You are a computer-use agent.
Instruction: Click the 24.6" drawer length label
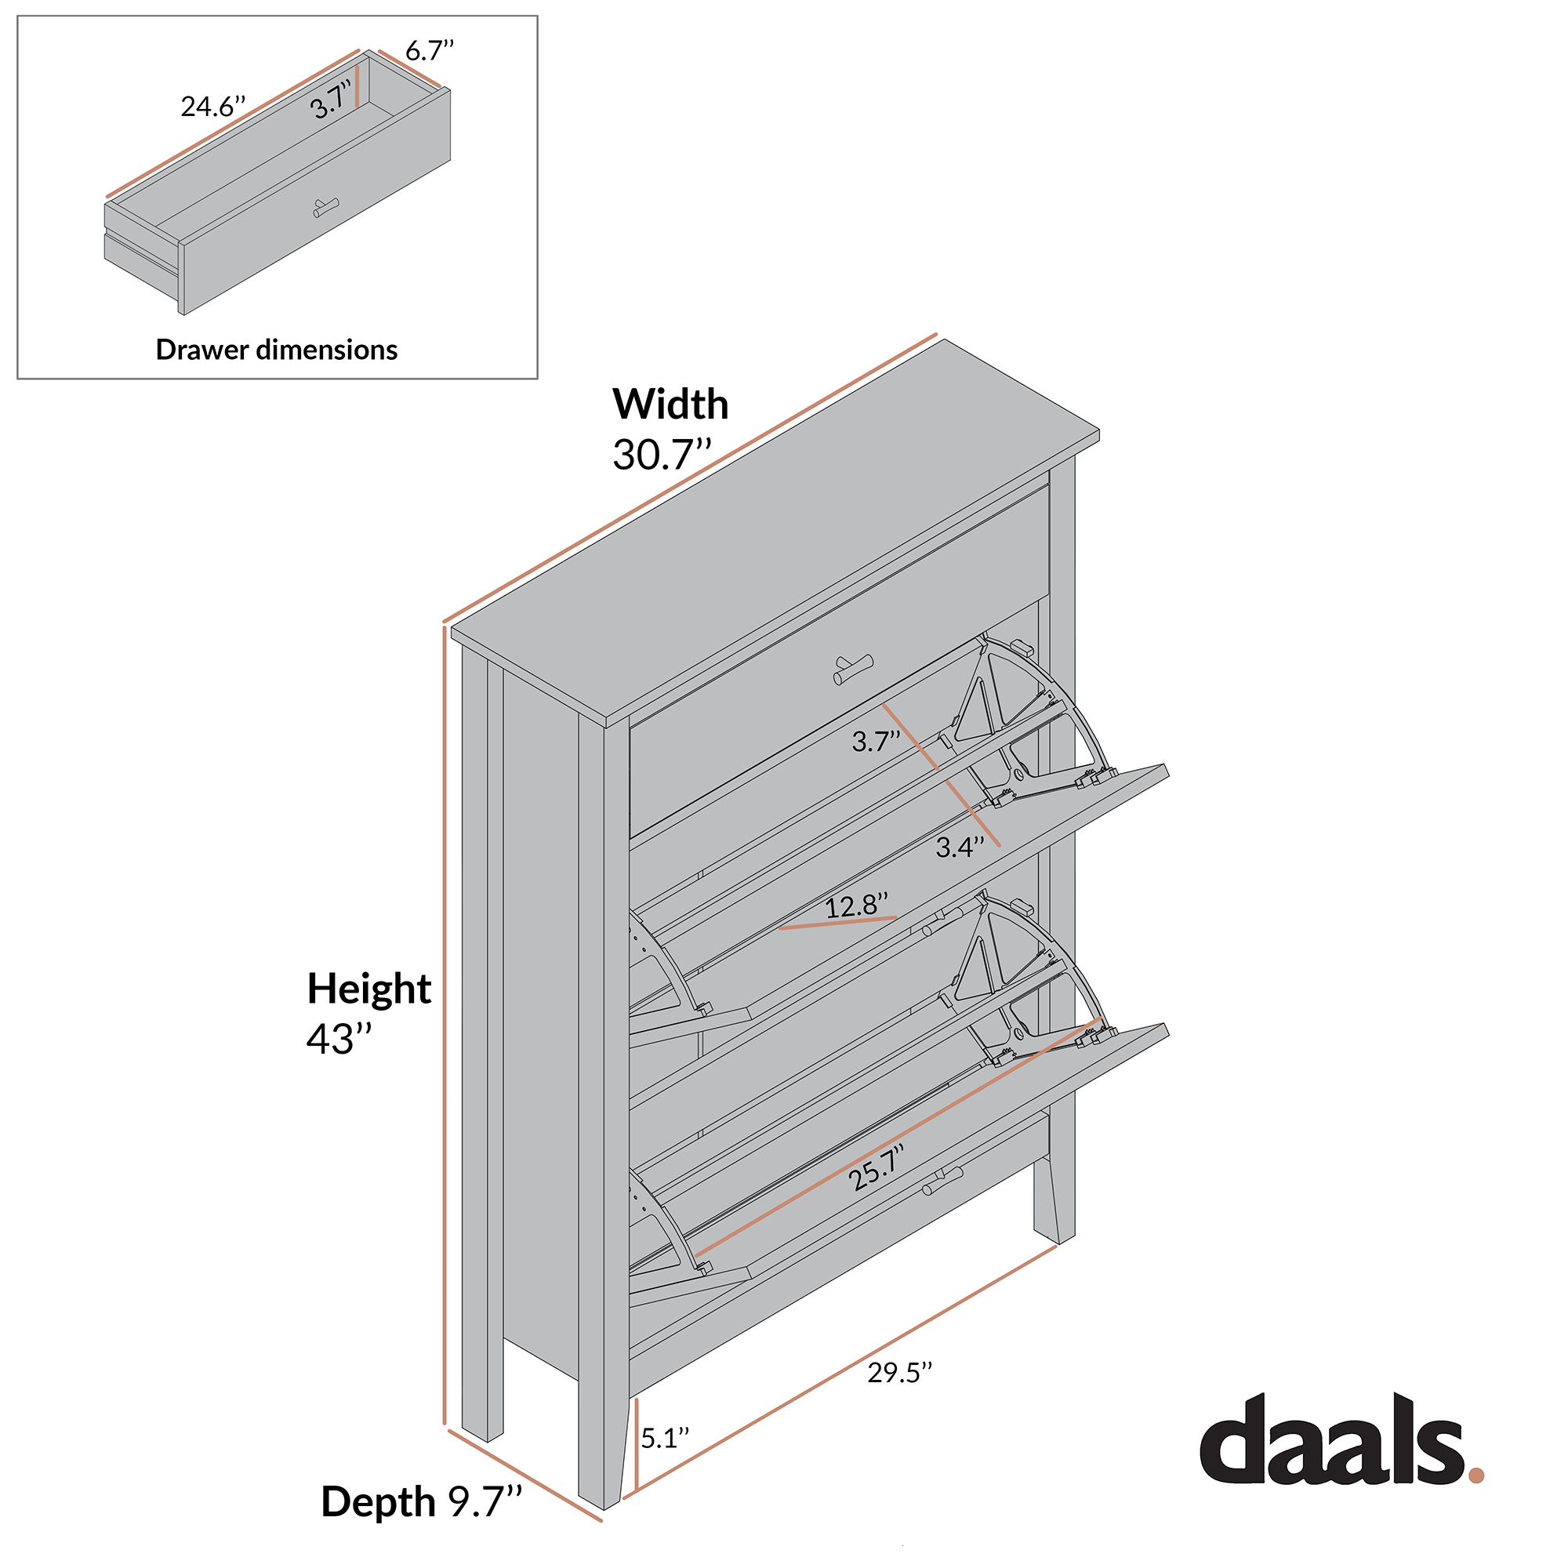tap(212, 107)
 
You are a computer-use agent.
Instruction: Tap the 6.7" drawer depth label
tap(430, 50)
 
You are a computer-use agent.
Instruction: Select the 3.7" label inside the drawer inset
tap(330, 100)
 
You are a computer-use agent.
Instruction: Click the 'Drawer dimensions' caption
tap(277, 350)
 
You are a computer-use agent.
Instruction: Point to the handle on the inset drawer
tap(326, 207)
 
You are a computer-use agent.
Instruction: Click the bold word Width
tap(670, 405)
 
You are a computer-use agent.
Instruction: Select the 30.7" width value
tap(662, 455)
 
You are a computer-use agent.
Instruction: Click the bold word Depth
tap(378, 1501)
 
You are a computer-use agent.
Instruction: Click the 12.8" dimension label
tap(856, 905)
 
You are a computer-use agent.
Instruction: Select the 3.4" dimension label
tap(960, 848)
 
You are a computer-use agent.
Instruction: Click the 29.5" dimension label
tap(900, 1373)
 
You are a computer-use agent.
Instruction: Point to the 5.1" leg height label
tap(665, 1438)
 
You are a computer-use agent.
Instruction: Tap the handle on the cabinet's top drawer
tap(853, 670)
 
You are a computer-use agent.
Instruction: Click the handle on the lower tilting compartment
tap(942, 1181)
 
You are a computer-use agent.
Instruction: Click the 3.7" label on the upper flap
tap(876, 741)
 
